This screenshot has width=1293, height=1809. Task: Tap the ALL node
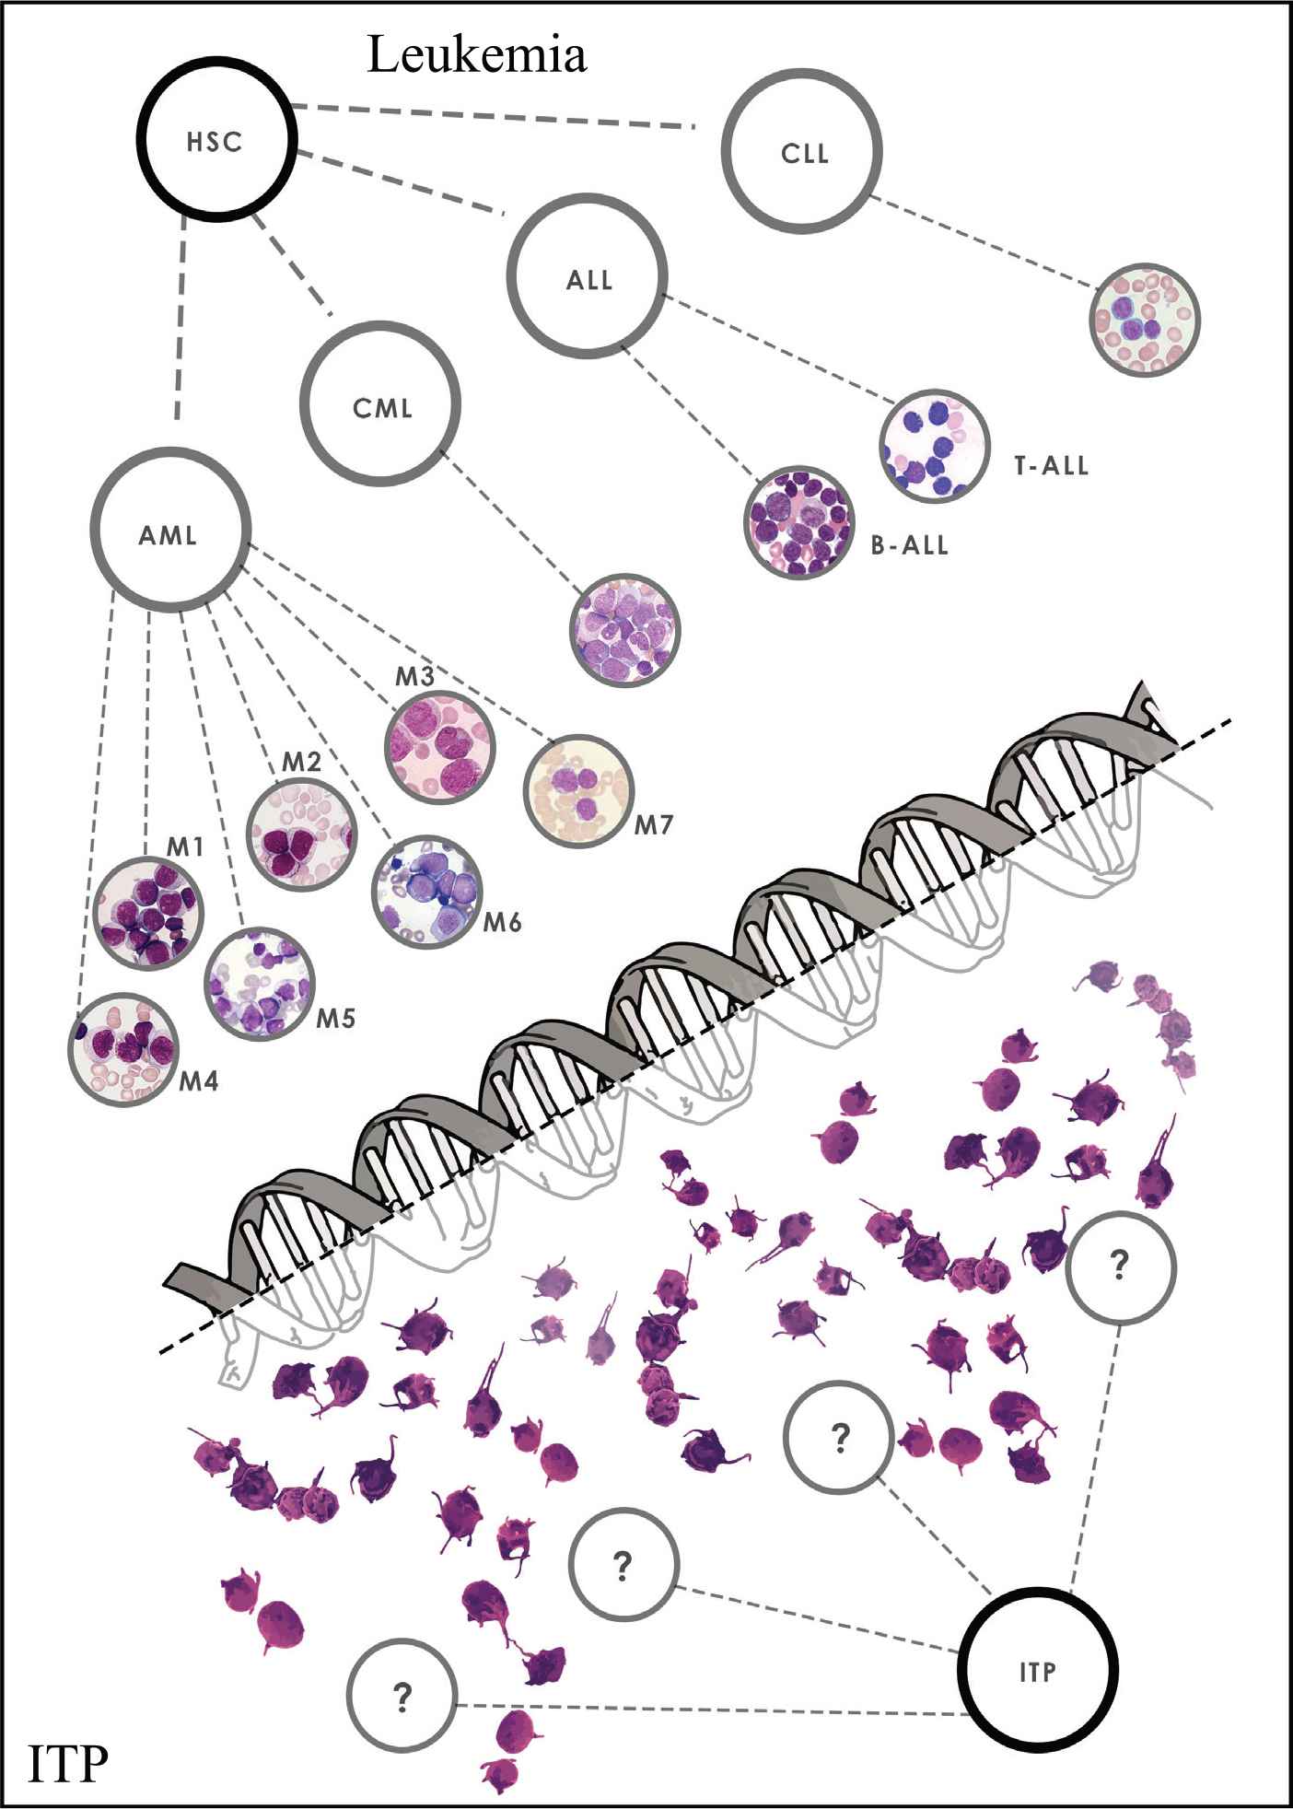[588, 279]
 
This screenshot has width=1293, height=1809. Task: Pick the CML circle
[381, 407]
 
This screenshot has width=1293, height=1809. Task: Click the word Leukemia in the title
[476, 57]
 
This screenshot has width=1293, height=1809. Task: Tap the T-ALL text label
[1052, 466]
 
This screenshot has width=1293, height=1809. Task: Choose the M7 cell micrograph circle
[579, 792]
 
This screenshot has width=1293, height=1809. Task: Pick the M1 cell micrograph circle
[149, 914]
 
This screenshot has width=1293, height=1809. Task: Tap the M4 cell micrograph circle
[123, 1049]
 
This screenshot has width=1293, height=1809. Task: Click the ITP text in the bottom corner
[66, 1760]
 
